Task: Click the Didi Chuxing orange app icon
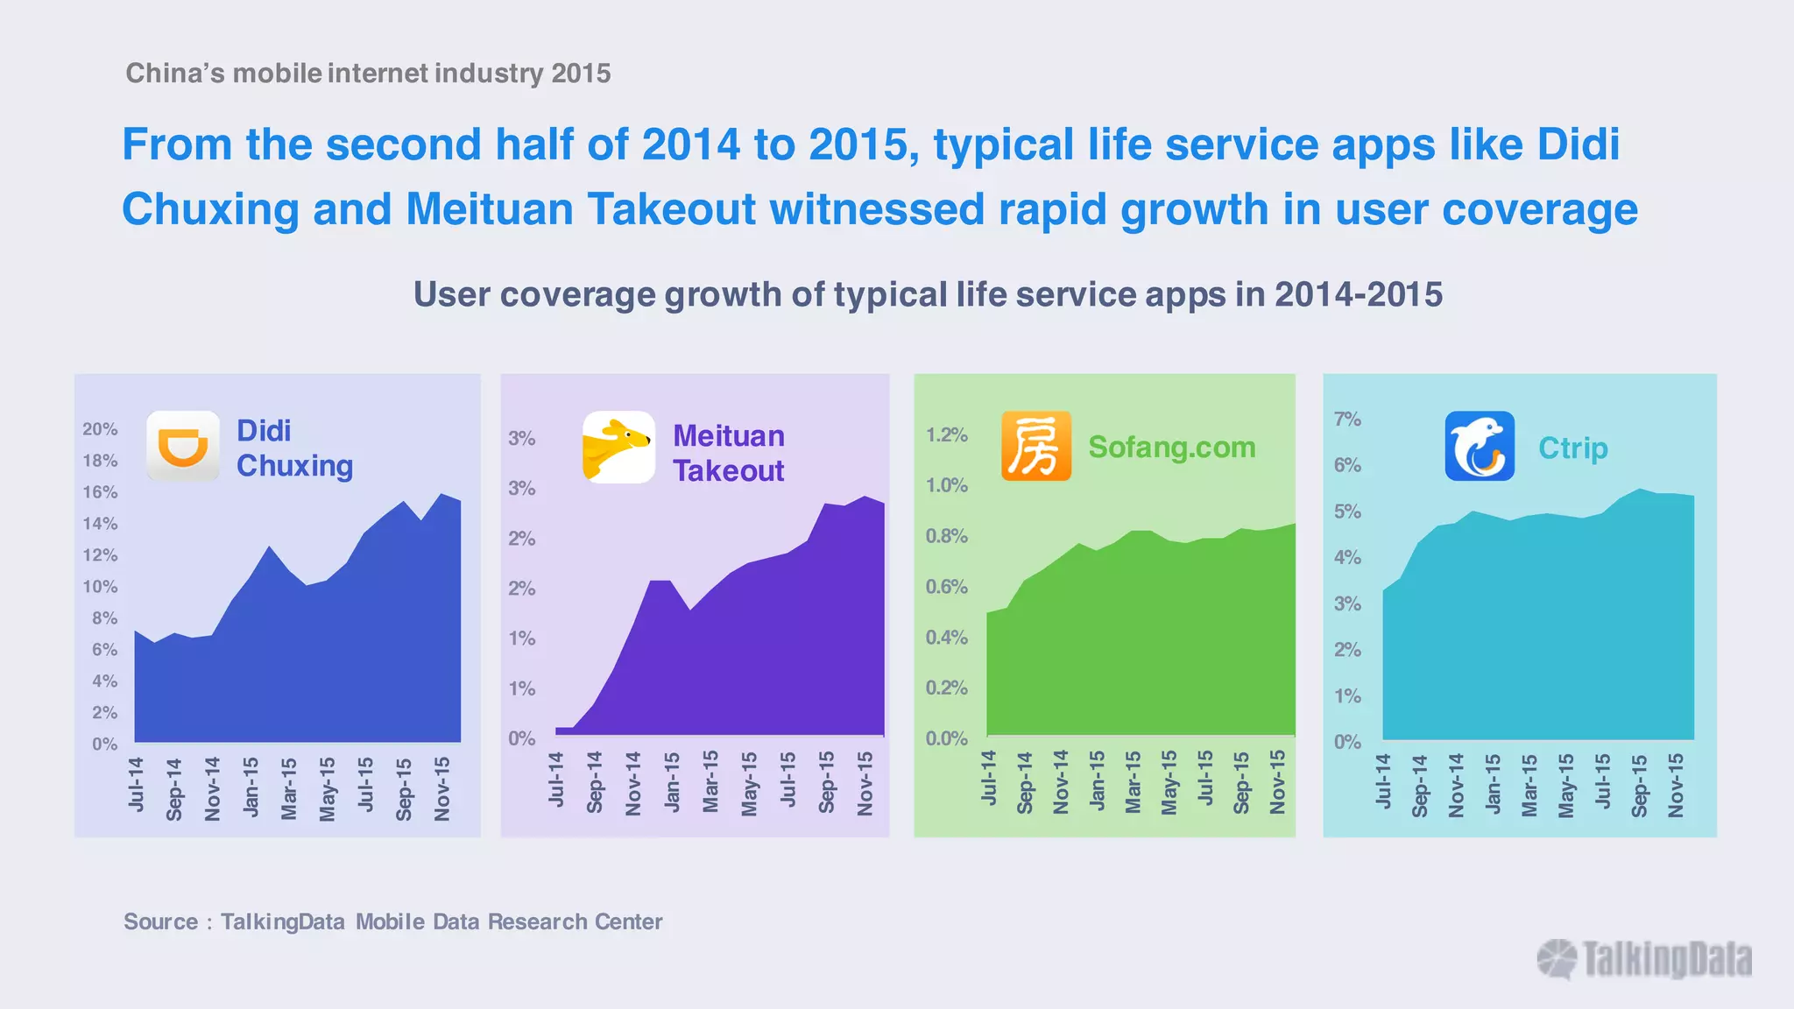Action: click(x=182, y=445)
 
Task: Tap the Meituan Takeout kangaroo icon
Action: click(x=618, y=447)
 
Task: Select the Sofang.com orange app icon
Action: click(x=1036, y=446)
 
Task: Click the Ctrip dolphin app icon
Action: click(x=1480, y=446)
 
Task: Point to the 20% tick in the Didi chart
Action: click(x=100, y=429)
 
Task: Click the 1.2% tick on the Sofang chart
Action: click(x=946, y=435)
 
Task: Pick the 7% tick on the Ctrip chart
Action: click(x=1347, y=420)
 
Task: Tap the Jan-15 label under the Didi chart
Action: click(x=251, y=787)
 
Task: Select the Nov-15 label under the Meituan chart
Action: click(x=865, y=783)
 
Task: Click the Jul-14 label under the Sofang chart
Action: click(x=989, y=778)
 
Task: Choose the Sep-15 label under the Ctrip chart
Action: click(x=1640, y=785)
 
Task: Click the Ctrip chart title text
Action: click(x=1572, y=448)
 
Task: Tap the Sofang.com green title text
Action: click(x=1171, y=448)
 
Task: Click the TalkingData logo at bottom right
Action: click(x=1645, y=959)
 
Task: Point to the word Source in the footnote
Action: click(x=160, y=921)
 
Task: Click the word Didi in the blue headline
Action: click(x=1578, y=145)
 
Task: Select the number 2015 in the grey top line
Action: click(x=581, y=73)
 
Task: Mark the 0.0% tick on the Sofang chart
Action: click(x=946, y=738)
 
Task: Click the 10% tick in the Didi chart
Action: click(x=100, y=587)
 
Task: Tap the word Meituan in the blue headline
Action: click(x=489, y=209)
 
